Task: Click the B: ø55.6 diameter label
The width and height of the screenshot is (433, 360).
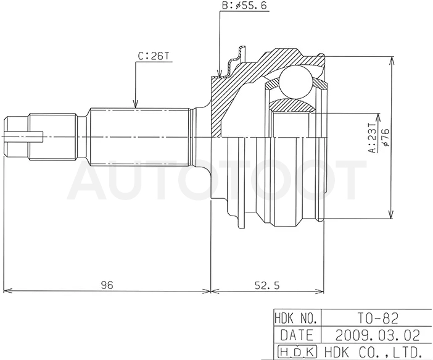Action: [x=244, y=6]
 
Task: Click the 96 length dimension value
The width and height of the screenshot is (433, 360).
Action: [x=107, y=285]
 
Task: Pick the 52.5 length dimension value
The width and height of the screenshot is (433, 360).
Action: [x=267, y=285]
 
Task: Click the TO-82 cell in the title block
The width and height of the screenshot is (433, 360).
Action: [x=377, y=318]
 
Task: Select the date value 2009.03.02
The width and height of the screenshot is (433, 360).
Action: [x=377, y=335]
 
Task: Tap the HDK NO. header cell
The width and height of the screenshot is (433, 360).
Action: [x=296, y=318]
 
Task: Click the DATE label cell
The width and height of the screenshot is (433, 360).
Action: [x=297, y=335]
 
